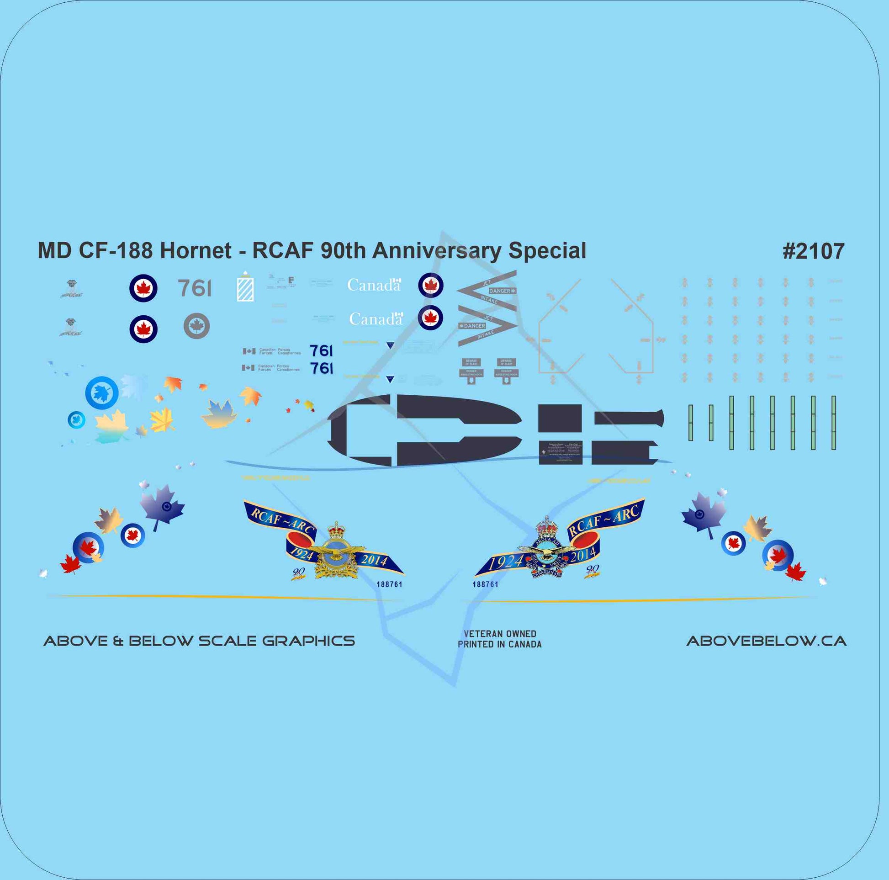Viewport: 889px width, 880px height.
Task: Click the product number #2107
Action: pos(813,252)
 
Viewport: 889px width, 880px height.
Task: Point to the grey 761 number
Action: pos(194,289)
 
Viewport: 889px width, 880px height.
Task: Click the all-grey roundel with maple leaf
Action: pos(196,326)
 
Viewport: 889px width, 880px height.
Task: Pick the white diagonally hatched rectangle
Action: pos(245,289)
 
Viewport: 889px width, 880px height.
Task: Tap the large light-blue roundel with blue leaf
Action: pos(102,392)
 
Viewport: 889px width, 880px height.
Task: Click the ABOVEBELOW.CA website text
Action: pos(766,641)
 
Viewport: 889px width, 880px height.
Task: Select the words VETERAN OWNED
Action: pos(500,634)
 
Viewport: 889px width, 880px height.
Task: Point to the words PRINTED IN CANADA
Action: pos(500,644)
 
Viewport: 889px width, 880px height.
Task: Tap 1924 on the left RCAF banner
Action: pos(302,554)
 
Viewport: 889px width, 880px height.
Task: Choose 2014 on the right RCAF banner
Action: pos(583,556)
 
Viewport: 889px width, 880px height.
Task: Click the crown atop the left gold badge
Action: pos(336,530)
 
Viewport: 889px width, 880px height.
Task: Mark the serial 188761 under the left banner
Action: pos(389,584)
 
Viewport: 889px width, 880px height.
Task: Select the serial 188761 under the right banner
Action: pos(486,584)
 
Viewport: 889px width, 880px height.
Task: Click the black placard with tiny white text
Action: pos(561,453)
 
